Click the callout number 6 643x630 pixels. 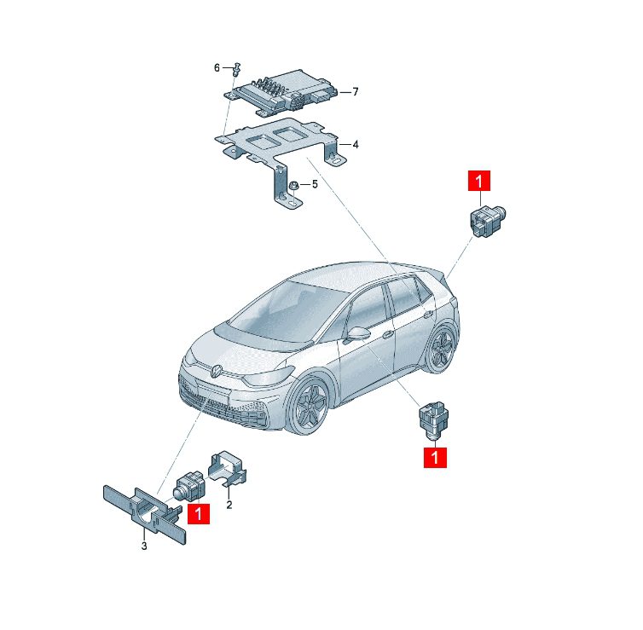pos(217,67)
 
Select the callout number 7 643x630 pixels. pos(355,91)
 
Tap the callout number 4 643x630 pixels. pos(355,144)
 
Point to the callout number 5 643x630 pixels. pos(315,184)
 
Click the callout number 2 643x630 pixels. pos(229,505)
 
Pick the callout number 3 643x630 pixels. pos(144,546)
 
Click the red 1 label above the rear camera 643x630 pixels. pos(479,181)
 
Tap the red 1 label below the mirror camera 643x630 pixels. pos(435,457)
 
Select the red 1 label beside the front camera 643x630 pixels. pos(199,513)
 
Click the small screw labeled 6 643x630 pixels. pos(236,70)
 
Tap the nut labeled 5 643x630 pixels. pos(293,186)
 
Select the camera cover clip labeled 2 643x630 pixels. pos(228,469)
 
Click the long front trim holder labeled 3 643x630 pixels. pos(144,513)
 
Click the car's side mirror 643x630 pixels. pos(356,332)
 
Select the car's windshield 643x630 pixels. pos(287,312)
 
